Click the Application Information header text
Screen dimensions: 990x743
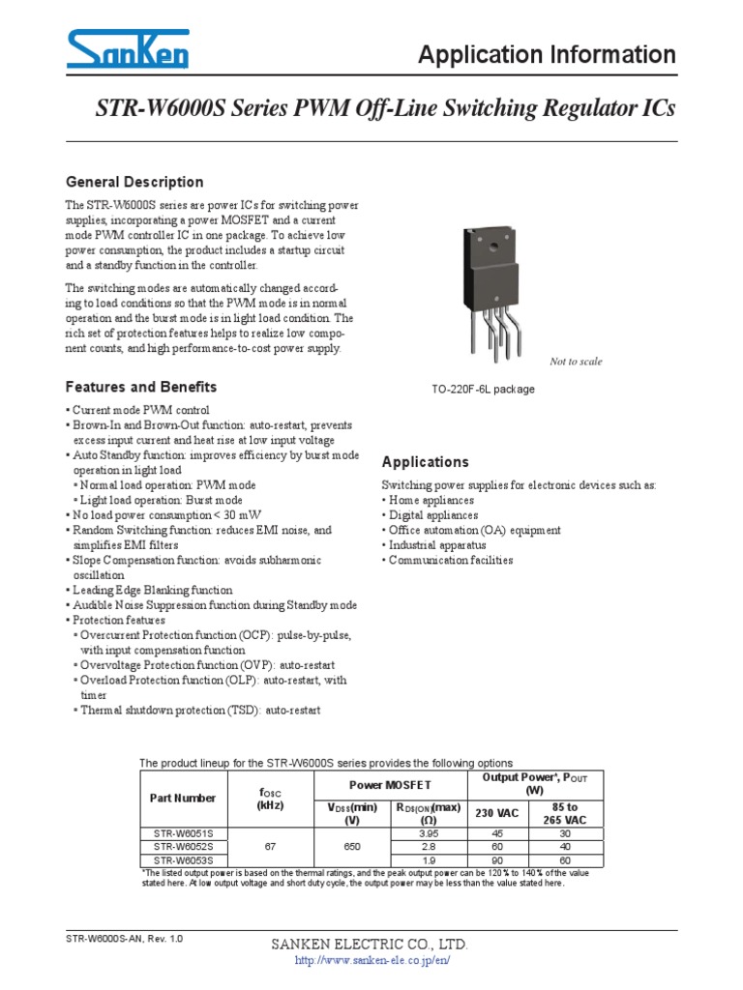coord(547,55)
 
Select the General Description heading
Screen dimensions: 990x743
coord(134,182)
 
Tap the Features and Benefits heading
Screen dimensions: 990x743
coord(140,387)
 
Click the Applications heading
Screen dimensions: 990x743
coord(426,462)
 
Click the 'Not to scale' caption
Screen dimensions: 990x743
coord(576,362)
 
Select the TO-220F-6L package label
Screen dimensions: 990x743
coord(483,390)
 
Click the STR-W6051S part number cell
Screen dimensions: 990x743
coord(184,832)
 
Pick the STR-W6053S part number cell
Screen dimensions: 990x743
coord(184,859)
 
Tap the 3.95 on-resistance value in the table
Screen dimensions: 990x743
coord(428,832)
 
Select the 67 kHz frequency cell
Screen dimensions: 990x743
coord(268,846)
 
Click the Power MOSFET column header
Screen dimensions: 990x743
coord(390,785)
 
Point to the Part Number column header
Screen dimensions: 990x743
coord(183,799)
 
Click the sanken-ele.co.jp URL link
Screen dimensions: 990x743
coord(371,960)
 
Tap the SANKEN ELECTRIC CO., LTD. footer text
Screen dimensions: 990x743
coord(371,944)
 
